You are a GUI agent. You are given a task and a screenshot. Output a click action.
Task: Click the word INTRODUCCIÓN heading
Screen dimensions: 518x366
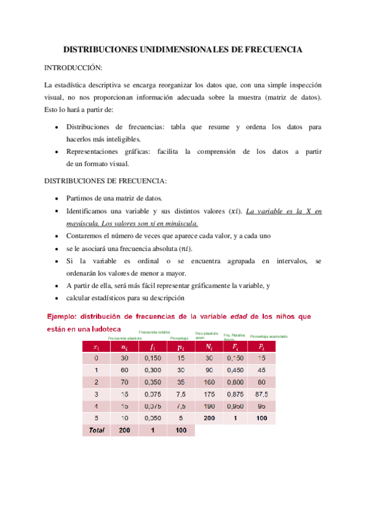[x=73, y=67]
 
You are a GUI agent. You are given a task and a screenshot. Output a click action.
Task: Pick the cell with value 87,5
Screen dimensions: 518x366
[x=262, y=395]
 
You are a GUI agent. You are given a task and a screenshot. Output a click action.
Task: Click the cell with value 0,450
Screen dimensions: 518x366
[x=235, y=370]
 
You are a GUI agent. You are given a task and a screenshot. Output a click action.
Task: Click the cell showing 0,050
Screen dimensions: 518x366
[x=153, y=418]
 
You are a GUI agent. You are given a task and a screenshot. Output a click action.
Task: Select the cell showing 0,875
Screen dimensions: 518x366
[x=235, y=395]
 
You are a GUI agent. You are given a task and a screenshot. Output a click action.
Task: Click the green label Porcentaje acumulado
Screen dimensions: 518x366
[x=269, y=337]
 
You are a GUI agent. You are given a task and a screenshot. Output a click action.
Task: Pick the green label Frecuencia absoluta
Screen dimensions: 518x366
[x=125, y=338]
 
